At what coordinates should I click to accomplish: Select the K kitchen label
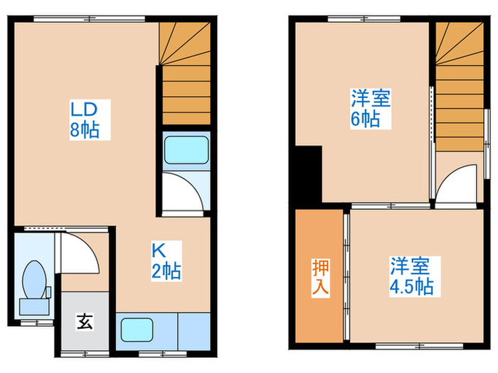tap(157, 249)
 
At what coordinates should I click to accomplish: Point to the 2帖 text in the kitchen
tap(164, 270)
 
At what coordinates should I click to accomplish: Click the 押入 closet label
tap(319, 278)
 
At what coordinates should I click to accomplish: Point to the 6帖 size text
tap(365, 119)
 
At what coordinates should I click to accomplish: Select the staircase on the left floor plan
tap(184, 75)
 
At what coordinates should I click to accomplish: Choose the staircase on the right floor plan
tap(460, 89)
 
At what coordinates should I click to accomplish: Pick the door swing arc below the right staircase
tap(456, 184)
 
